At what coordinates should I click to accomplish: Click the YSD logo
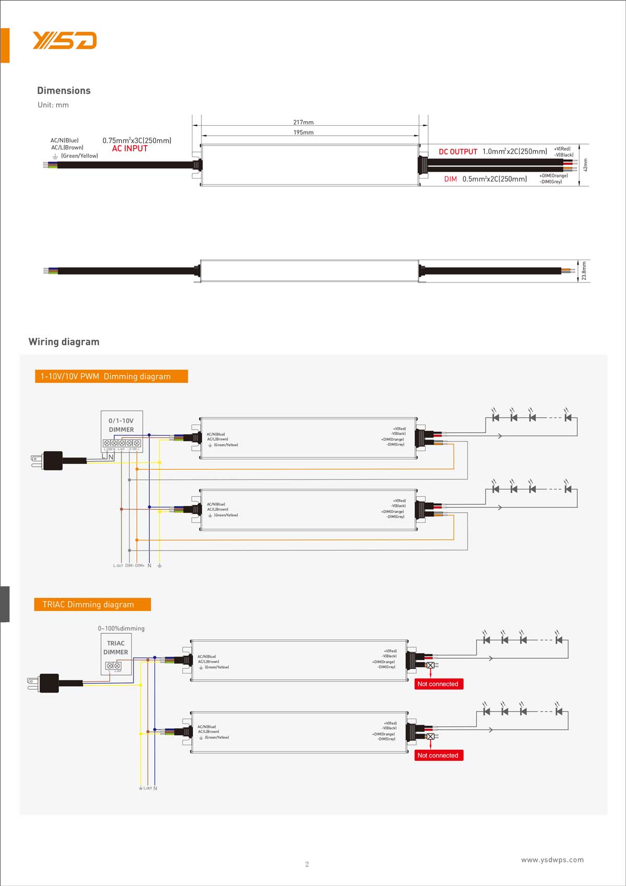pos(65,40)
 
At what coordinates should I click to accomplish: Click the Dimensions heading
pos(64,90)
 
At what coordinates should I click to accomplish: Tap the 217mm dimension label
pos(303,122)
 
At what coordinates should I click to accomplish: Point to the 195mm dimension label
pos(303,133)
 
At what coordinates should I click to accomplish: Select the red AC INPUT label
pos(130,149)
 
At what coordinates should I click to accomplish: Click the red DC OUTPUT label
pos(458,152)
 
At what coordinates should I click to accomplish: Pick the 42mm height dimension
pos(585,164)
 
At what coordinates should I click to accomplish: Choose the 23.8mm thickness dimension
pos(584,271)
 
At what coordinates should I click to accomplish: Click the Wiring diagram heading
pos(64,342)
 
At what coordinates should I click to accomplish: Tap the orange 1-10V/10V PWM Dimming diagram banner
pos(111,376)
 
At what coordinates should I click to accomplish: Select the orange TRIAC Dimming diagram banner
pos(92,605)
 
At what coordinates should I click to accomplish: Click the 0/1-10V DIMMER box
pos(122,431)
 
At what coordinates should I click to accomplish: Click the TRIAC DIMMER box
pos(116,653)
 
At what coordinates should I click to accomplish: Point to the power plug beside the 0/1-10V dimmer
pos(51,460)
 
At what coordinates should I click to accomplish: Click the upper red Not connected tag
pos(438,684)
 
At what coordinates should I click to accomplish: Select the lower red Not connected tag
pos(438,755)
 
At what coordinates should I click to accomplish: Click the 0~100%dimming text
pos(121,629)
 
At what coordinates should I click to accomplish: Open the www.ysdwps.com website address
pos(552,860)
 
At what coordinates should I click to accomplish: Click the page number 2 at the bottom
pos(307,864)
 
